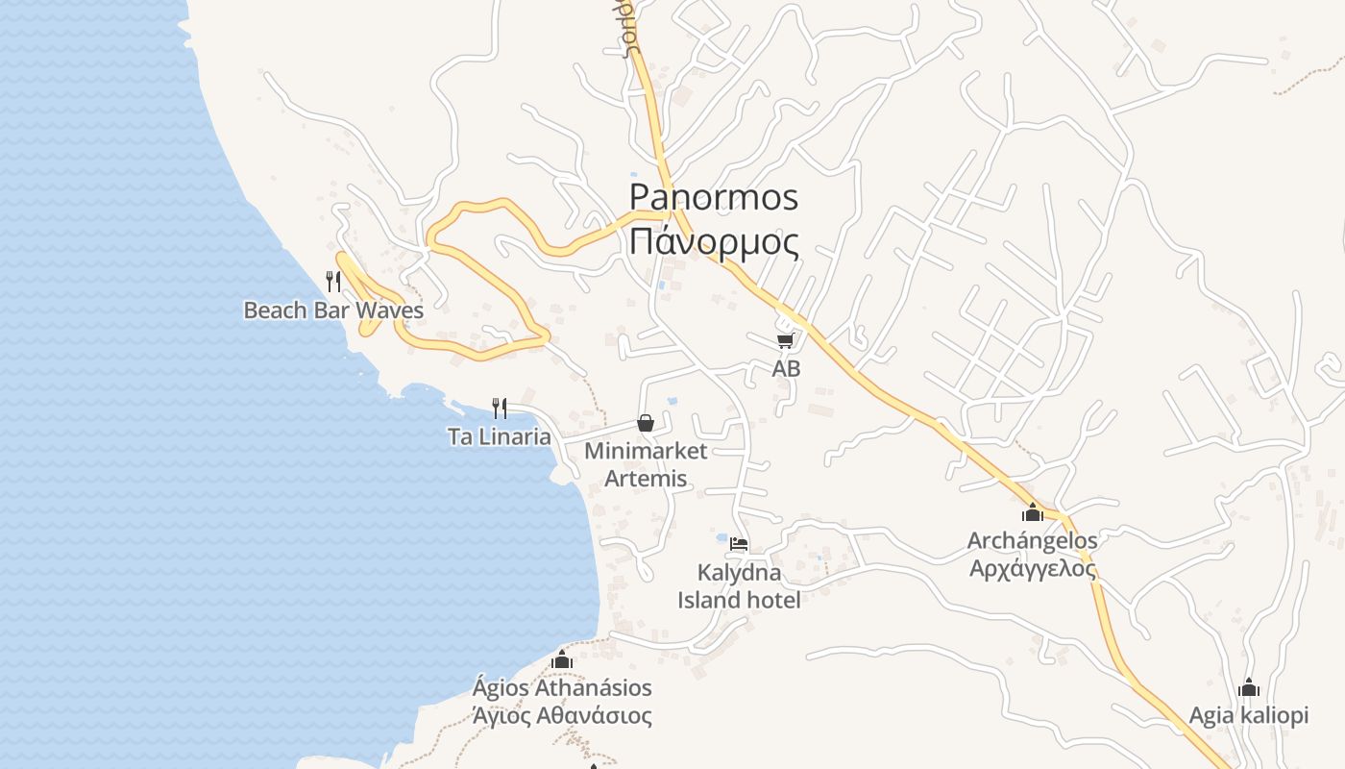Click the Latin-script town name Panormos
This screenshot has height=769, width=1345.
coord(713,197)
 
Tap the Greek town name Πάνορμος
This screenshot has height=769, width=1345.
coord(713,241)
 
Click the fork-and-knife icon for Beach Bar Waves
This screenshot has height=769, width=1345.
coord(333,281)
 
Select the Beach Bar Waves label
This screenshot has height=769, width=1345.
coord(333,310)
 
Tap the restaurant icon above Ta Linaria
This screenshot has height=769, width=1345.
coord(500,409)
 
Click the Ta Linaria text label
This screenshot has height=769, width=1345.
coord(500,437)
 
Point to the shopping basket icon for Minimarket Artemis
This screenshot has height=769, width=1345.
coord(646,423)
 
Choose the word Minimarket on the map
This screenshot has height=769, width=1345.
coord(646,451)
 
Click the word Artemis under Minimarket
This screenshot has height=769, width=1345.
coord(646,478)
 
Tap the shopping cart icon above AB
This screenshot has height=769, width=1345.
coord(786,340)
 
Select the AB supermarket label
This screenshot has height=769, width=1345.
coord(786,368)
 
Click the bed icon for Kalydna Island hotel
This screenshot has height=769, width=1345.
coord(738,544)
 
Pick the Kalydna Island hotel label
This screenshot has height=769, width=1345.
coord(739,586)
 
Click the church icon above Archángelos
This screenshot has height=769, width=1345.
coord(1033,512)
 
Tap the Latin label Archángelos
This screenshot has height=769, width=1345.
coord(1032,541)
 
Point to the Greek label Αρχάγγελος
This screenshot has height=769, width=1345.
coord(1032,568)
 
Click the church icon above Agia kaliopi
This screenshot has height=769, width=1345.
coord(1249,687)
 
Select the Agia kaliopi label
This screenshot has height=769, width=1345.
coord(1249,716)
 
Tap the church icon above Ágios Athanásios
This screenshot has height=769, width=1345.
coord(562,659)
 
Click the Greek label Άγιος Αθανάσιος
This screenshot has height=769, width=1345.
coord(562,716)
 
